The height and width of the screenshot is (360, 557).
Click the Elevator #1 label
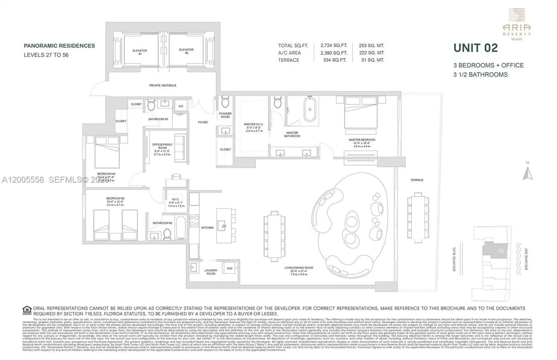[140, 52]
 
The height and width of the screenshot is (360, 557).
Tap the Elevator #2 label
[186, 51]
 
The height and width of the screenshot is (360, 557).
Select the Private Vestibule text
[163, 85]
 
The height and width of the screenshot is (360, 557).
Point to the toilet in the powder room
[225, 102]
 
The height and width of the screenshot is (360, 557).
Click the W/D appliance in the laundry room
[229, 268]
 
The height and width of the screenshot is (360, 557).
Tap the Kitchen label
[207, 227]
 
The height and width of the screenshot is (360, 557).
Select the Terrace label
[417, 180]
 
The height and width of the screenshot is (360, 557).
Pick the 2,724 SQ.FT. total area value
[334, 46]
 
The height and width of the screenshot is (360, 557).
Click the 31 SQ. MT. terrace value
[372, 60]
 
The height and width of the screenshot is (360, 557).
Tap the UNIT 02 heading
[476, 48]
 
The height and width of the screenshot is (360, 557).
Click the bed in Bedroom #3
[107, 153]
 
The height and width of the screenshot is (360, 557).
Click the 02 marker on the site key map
[501, 251]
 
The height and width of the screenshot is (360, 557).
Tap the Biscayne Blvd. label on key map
[454, 259]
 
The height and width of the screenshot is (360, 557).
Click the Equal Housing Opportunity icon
[27, 310]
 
